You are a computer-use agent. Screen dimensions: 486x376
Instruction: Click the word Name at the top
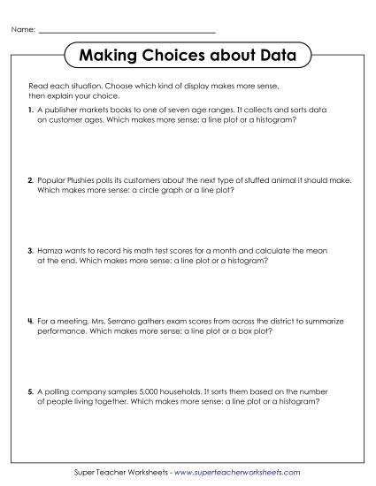[22, 30]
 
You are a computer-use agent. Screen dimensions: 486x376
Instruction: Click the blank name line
[127, 32]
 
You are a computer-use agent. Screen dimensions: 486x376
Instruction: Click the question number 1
[31, 110]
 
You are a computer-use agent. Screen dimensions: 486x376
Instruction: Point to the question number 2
[31, 179]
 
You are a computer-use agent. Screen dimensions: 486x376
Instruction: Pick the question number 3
[31, 251]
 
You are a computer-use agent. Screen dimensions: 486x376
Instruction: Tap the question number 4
[31, 320]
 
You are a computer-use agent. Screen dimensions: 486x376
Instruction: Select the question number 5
[31, 390]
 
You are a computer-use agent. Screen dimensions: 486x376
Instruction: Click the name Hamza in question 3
[49, 251]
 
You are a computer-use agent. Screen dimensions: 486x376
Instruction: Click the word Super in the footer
[86, 473]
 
